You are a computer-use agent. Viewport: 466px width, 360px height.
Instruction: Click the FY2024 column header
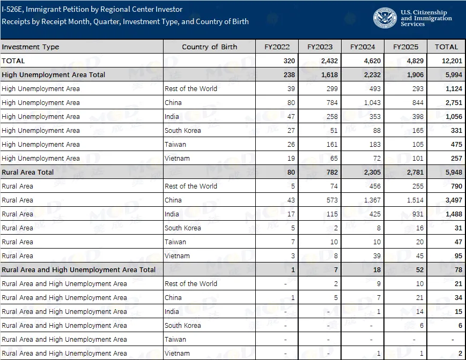pos(362,47)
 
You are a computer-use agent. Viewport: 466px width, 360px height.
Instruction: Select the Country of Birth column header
pos(209,47)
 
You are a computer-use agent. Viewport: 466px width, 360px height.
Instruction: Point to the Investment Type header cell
pos(31,47)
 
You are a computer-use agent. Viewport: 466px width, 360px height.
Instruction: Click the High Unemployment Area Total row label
pos(54,75)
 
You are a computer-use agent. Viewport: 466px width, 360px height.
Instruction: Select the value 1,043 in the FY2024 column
pos(371,103)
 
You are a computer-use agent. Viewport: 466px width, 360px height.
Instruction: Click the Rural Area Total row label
pos(27,172)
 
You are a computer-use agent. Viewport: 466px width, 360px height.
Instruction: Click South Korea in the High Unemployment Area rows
pos(183,131)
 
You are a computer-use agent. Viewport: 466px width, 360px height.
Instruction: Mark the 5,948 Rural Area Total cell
pos(448,172)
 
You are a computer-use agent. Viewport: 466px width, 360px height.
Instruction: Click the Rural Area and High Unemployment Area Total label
pos(79,270)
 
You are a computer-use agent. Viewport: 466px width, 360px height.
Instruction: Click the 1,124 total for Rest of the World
pos(448,89)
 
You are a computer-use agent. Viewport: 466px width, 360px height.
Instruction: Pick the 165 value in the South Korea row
pos(417,131)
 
